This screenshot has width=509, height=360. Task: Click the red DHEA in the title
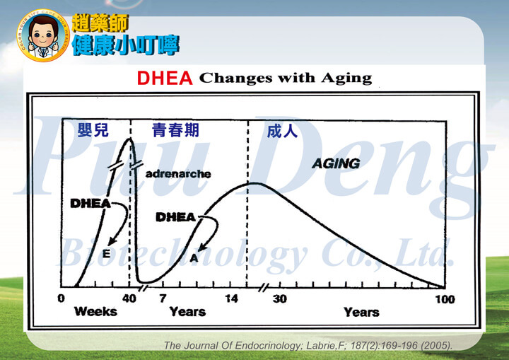[x=165, y=79]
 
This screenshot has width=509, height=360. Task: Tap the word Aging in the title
[x=346, y=79]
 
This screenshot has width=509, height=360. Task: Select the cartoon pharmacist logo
[x=43, y=35]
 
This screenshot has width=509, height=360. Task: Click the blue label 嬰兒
[x=93, y=130]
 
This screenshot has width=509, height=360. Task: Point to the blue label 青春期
[x=175, y=130]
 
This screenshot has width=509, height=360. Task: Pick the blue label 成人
[x=282, y=131]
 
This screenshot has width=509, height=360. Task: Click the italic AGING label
[x=336, y=163]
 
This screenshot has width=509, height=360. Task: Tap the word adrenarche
[x=178, y=174]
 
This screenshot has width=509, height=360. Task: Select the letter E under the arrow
[x=106, y=253]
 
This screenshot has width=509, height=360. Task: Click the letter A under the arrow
[x=194, y=258]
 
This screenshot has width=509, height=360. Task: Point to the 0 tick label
[x=61, y=298]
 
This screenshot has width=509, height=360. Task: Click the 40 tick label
[x=129, y=298]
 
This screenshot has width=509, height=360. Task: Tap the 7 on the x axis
[x=163, y=298]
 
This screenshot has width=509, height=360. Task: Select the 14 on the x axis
[x=231, y=298]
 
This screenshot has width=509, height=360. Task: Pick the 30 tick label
[x=280, y=299]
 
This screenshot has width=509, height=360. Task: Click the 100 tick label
[x=445, y=299]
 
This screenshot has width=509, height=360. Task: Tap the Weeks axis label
[x=95, y=312]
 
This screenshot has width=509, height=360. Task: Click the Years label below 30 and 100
[x=361, y=313]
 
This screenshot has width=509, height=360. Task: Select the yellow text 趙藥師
[x=100, y=23]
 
